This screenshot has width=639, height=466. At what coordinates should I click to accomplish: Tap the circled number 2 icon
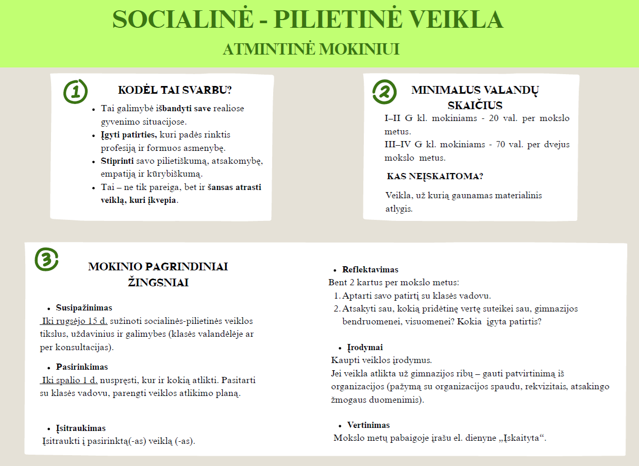(384, 92)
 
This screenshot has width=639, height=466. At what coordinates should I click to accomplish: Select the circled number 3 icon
(46, 259)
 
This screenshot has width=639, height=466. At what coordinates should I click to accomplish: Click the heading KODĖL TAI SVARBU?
(175, 90)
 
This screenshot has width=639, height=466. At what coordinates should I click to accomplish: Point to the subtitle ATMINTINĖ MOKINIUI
(311, 49)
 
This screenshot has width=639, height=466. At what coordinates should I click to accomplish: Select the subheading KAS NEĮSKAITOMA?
(435, 176)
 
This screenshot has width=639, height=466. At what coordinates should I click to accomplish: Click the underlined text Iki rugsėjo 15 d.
(74, 321)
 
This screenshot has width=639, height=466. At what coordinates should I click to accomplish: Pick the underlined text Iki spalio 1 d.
(70, 381)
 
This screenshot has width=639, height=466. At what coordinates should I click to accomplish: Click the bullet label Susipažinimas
(84, 308)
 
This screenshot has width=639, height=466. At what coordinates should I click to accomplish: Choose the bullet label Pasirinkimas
(82, 367)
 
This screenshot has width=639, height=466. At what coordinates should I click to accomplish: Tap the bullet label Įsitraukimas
(81, 428)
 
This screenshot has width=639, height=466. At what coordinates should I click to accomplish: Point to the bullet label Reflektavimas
(370, 269)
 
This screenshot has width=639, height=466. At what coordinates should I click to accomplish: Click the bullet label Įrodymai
(365, 348)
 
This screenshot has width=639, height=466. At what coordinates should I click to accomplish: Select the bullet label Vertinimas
(368, 425)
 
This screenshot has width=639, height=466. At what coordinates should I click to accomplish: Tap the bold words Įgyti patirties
(129, 135)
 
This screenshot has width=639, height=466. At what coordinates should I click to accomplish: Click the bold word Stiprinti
(117, 161)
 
